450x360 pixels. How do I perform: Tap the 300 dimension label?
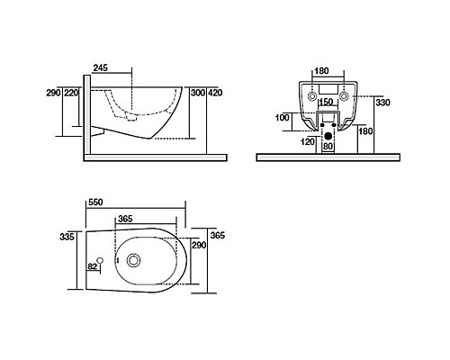click(197, 92)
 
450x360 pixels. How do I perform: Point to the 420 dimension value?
click(214, 92)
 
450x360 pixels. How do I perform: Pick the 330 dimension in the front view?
click(382, 103)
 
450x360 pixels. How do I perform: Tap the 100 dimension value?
click(283, 118)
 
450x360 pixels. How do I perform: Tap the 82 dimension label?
click(92, 266)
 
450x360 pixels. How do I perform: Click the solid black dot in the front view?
click(328, 134)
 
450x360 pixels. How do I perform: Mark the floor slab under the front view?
click(328, 157)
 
